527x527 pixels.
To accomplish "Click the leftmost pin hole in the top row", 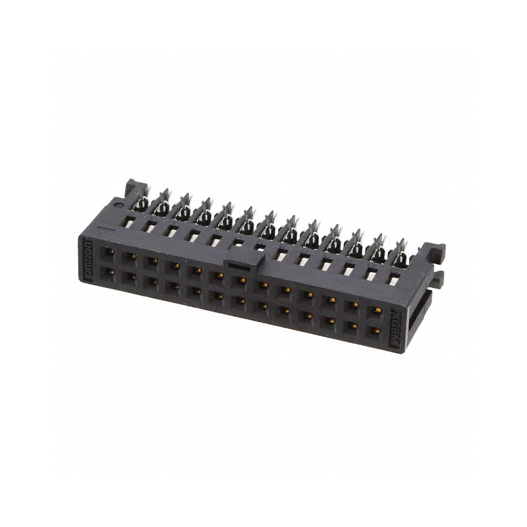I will click(x=107, y=252).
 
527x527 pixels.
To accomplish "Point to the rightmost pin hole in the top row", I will click(x=376, y=309).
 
